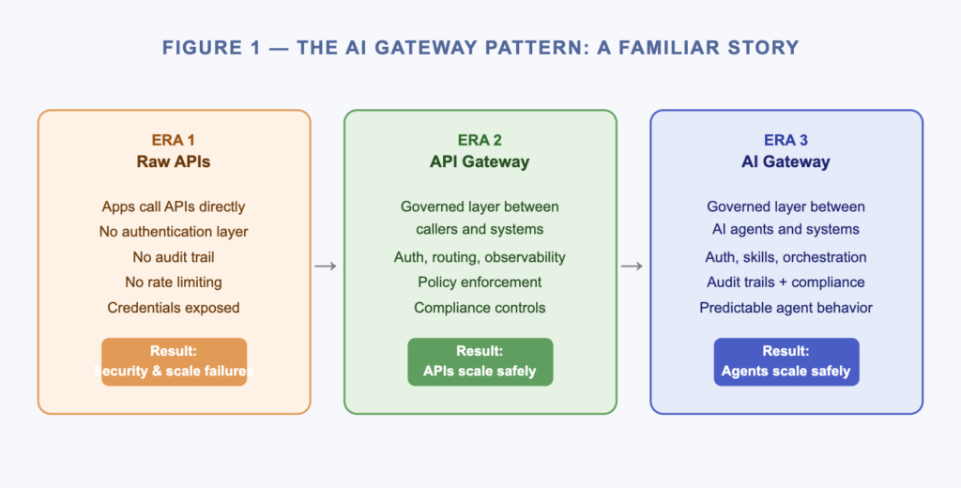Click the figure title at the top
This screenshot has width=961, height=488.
[x=480, y=48]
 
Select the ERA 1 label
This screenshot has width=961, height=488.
[x=174, y=141]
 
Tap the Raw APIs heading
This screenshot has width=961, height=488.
[x=174, y=161]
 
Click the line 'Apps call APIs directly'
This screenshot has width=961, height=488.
[x=174, y=206]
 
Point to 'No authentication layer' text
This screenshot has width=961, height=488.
[x=174, y=232]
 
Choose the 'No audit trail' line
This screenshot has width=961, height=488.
[x=174, y=257]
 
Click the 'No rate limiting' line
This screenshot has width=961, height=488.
[x=174, y=282]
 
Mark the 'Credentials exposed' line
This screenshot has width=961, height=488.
[x=174, y=308]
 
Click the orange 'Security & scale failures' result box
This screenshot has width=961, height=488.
[x=174, y=361]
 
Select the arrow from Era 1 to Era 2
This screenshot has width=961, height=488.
[x=326, y=267]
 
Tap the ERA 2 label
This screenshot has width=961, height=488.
[x=480, y=141]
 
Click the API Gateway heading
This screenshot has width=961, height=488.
[x=480, y=161]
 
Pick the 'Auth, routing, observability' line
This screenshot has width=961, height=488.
[x=480, y=257]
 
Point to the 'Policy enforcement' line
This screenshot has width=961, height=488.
[x=480, y=282]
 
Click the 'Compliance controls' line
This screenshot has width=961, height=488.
[x=480, y=308]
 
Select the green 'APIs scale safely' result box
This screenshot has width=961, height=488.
[x=480, y=361]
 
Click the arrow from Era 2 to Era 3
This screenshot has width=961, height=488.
[x=633, y=267]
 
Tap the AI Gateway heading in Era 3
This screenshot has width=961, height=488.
[x=786, y=161]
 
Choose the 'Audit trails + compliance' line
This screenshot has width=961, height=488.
[x=786, y=282]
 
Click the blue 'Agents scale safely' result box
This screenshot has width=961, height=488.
[x=786, y=361]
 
